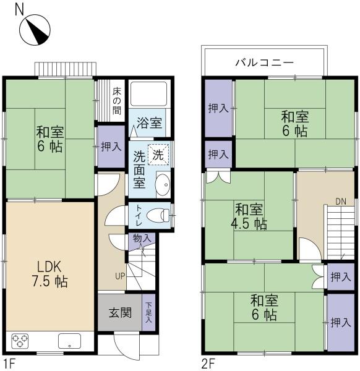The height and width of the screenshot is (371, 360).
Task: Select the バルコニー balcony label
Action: (264, 63)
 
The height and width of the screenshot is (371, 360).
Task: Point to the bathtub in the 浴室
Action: (149, 94)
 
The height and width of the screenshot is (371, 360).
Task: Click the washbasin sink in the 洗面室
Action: (163, 185)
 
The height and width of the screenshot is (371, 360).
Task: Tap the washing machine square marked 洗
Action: (158, 155)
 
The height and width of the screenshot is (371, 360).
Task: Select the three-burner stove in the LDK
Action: (20, 341)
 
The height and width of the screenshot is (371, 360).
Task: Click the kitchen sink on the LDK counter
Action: (69, 341)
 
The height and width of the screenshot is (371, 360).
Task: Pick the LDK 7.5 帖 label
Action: (50, 274)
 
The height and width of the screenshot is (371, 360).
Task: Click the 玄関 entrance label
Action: (120, 313)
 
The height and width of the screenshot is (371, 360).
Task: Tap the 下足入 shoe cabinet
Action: (148, 312)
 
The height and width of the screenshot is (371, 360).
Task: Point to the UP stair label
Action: (120, 276)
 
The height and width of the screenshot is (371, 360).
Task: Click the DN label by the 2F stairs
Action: (341, 202)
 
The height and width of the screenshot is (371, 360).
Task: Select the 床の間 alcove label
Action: (117, 101)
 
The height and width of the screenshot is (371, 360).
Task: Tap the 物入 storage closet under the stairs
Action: (142, 241)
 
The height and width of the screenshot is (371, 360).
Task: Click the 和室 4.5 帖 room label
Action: (249, 216)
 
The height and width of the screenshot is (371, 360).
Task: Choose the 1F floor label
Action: (10, 363)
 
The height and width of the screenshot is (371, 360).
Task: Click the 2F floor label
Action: (208, 363)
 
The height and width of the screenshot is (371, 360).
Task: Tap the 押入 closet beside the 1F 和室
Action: (111, 147)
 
